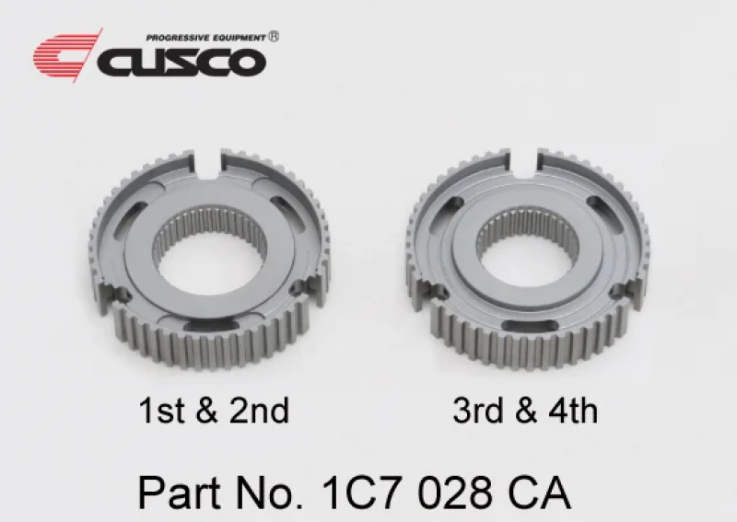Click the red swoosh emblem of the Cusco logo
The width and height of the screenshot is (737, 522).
[x=66, y=56]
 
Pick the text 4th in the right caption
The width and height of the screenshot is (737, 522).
[x=573, y=410]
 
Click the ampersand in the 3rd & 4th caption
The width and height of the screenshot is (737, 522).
[x=525, y=410]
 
